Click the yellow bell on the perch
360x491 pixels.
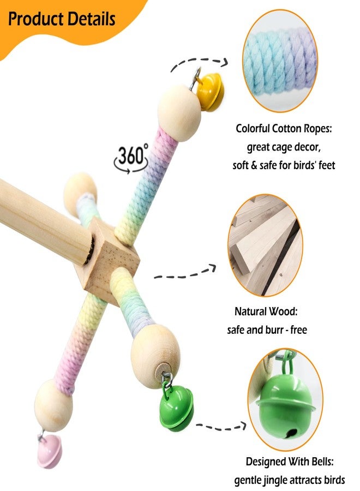point(210,92)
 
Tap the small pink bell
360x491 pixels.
point(50,451)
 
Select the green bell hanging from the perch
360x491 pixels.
point(176,408)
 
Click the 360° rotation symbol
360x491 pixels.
point(131,158)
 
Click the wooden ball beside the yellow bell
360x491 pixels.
point(179,113)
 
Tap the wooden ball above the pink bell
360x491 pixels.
point(53,405)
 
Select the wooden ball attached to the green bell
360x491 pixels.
point(155,356)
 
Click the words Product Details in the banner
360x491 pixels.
point(62,19)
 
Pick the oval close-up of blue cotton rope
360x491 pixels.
point(280,61)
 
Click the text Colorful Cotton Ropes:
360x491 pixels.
point(284,128)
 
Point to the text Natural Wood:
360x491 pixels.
point(266,312)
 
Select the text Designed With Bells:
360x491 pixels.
point(290,462)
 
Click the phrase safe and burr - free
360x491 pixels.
point(267,330)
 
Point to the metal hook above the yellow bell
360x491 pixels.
point(196,78)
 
